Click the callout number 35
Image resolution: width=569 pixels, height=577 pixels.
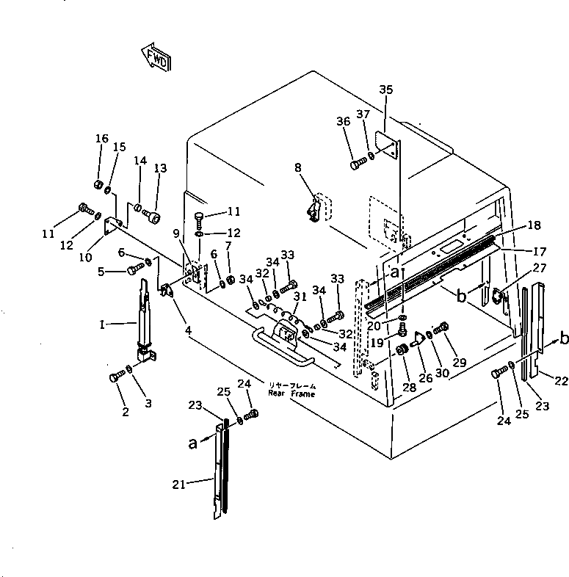(x=386, y=90)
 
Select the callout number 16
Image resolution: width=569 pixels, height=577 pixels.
(x=101, y=139)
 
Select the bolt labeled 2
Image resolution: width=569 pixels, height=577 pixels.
(x=115, y=377)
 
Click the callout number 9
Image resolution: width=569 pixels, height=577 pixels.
(x=175, y=233)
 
